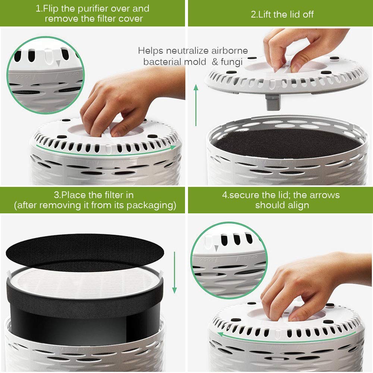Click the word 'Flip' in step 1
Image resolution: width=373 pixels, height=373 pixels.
pyautogui.click(x=51, y=9)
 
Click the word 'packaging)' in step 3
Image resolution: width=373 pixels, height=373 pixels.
pyautogui.click(x=151, y=205)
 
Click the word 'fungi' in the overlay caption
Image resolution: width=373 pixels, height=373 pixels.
pyautogui.click(x=232, y=62)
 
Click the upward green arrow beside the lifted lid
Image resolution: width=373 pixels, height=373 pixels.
pyautogui.click(x=196, y=105)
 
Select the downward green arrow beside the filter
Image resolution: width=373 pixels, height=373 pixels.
pyautogui.click(x=174, y=272)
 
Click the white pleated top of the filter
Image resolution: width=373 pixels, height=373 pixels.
pyautogui.click(x=85, y=283)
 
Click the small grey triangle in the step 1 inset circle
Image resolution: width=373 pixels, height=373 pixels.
pyautogui.click(x=58, y=63)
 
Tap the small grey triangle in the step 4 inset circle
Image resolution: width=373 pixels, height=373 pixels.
pyautogui.click(x=216, y=248)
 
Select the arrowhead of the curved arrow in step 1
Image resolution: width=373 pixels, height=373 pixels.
pyautogui.click(x=173, y=147)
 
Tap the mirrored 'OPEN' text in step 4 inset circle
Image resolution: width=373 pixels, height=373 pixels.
pyautogui.click(x=251, y=257)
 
